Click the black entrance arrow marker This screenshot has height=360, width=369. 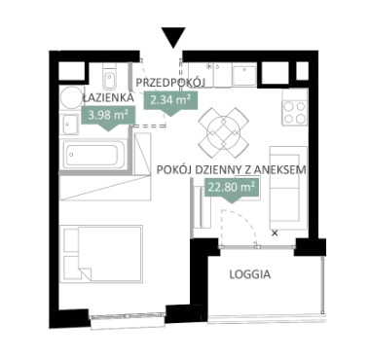point(174,37)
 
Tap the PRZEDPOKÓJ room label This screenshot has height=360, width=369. point(170,83)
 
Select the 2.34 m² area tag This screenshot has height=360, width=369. point(170,102)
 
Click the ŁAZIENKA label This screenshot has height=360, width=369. point(108,97)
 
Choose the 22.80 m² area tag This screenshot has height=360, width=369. point(232,190)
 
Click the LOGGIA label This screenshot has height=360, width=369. point(250,274)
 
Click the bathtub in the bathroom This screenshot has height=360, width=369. point(93,154)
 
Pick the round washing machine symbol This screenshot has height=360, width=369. point(71,97)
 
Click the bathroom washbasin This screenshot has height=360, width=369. point(69,124)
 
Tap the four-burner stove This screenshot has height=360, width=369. point(295,112)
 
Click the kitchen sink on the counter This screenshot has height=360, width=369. point(244,75)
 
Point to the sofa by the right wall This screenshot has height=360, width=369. point(288,188)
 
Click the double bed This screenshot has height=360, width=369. point(101,254)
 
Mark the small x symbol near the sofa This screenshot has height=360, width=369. point(275,233)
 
